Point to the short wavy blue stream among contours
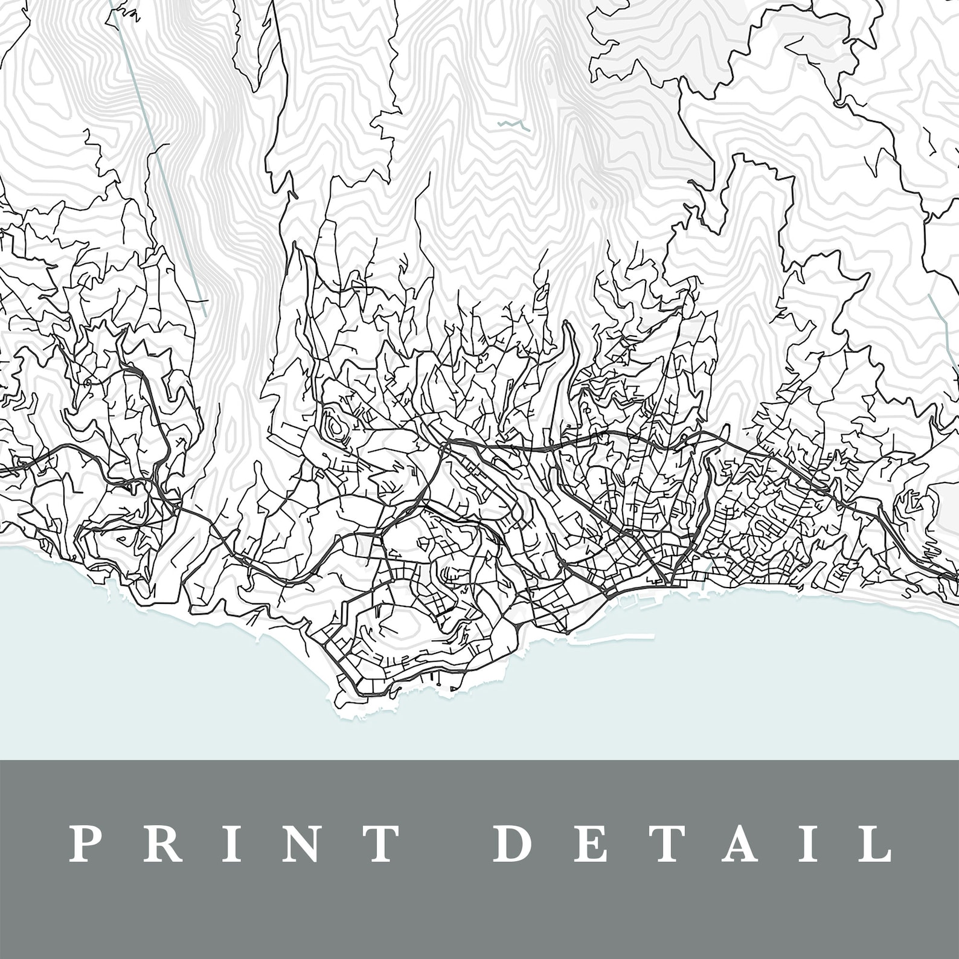513,125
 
